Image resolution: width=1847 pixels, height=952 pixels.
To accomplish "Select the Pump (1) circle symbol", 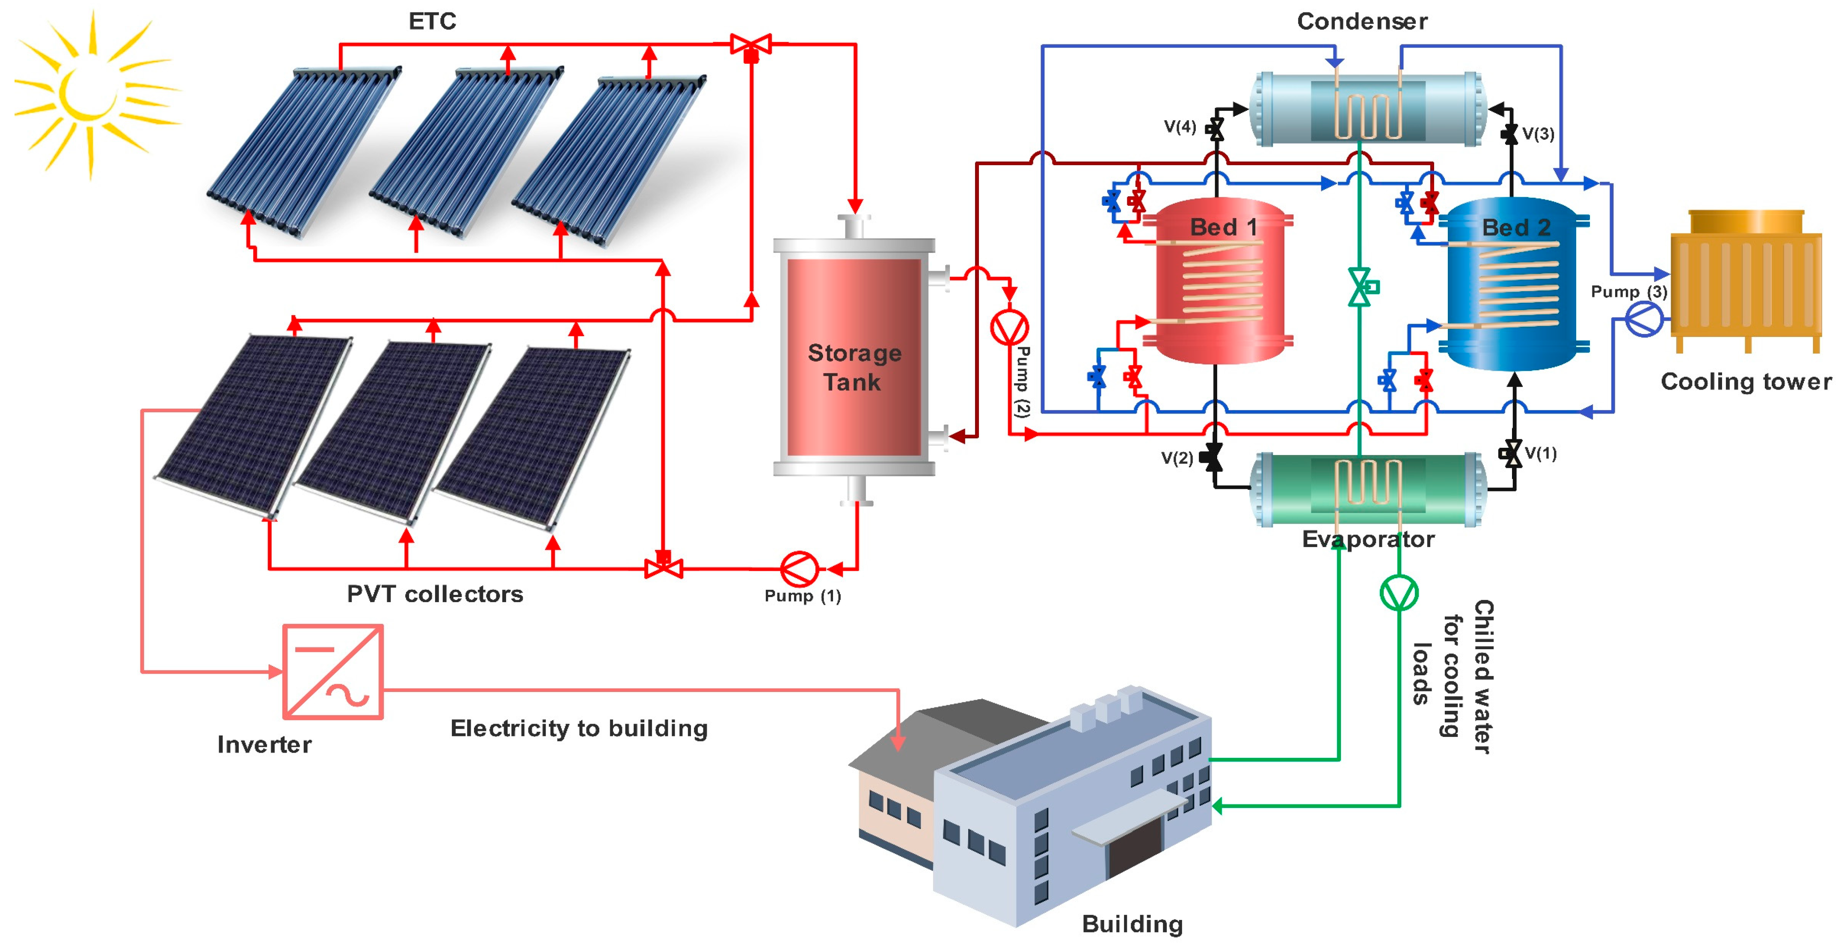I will [x=799, y=569].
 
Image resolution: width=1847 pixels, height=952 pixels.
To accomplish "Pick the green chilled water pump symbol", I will [x=1399, y=593].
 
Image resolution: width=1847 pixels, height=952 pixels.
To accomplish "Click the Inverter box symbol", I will [x=333, y=672].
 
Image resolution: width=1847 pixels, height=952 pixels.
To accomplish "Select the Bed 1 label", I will [x=1223, y=227].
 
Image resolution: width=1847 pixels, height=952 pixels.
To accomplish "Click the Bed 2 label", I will [x=1516, y=227].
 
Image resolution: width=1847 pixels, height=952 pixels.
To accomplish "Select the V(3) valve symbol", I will [x=1510, y=133].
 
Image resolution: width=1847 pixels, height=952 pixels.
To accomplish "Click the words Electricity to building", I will [x=578, y=728].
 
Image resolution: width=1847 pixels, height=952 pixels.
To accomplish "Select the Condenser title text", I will [x=1361, y=21].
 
